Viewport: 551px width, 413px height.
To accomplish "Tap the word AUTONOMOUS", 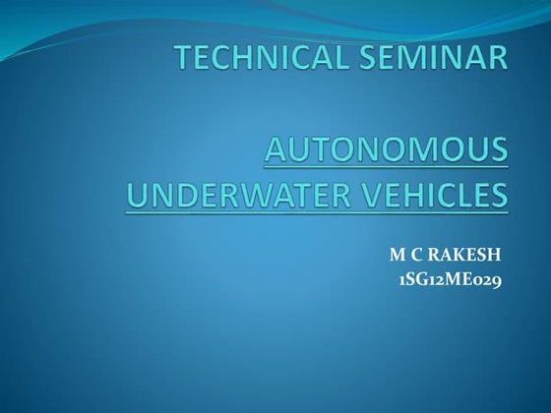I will click(388, 150).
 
